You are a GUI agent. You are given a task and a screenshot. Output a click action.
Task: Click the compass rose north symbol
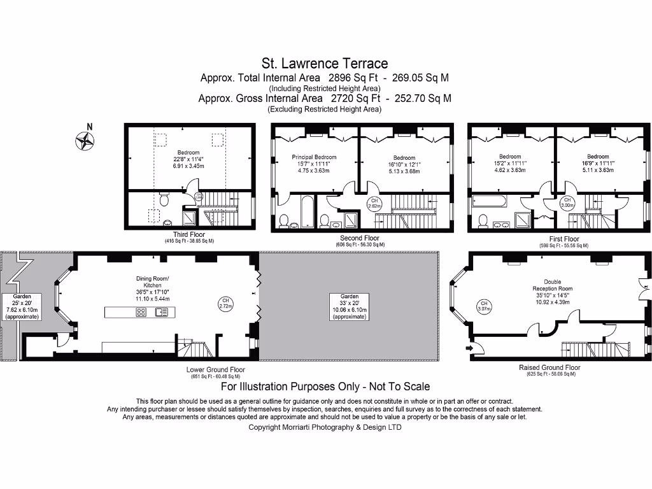(x=83, y=139)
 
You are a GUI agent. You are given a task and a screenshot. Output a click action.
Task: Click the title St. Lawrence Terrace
(x=325, y=63)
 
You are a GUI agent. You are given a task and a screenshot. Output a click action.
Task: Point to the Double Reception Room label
(x=553, y=285)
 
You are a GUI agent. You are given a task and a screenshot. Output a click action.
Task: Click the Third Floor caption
(x=188, y=234)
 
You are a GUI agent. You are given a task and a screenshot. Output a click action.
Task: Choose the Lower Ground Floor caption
(x=215, y=369)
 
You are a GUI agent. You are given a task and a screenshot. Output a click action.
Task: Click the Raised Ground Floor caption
(x=549, y=367)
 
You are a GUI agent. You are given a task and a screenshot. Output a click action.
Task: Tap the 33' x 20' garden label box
(x=350, y=306)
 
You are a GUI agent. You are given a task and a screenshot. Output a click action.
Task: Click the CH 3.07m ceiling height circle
(x=484, y=306)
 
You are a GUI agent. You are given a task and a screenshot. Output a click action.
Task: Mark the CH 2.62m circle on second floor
(x=374, y=204)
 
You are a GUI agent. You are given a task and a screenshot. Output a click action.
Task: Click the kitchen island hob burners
(x=141, y=311)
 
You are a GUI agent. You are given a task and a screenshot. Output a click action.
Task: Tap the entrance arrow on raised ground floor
(x=471, y=348)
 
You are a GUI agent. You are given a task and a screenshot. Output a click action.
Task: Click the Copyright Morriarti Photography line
(x=325, y=427)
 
